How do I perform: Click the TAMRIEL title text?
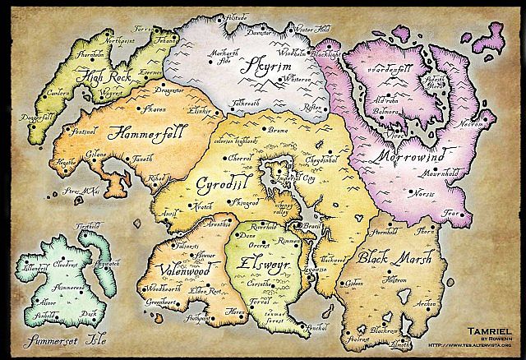click(x=489, y=327)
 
